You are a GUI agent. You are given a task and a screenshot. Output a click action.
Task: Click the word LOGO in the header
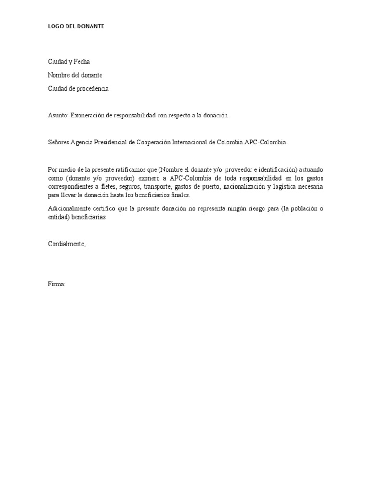pyautogui.click(x=56, y=27)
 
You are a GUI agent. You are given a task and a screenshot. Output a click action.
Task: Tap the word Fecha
pyautogui.click(x=80, y=62)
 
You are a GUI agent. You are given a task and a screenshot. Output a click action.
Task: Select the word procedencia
pyautogui.click(x=92, y=89)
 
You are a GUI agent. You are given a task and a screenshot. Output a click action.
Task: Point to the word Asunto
pyautogui.click(x=58, y=116)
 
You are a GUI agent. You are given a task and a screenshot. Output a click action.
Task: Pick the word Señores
pyautogui.click(x=58, y=143)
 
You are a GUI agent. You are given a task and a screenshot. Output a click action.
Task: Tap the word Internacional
pyautogui.click(x=202, y=143)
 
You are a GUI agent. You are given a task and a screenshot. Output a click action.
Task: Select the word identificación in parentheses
pyautogui.click(x=278, y=169)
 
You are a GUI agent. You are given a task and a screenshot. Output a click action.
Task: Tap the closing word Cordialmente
pyautogui.click(x=66, y=244)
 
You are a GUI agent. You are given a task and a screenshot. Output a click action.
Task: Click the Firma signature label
pyautogui.click(x=56, y=285)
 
